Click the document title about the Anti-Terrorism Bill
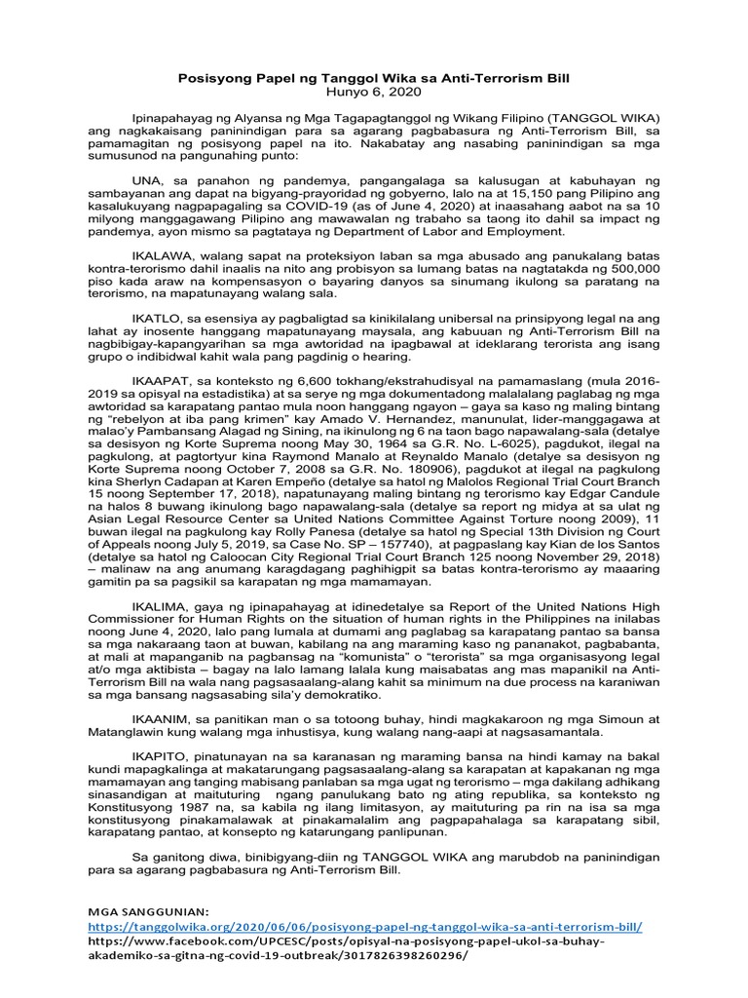pyautogui.click(x=373, y=77)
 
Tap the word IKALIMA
pyautogui.click(x=159, y=605)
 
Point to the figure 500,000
pyautogui.click(x=630, y=267)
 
